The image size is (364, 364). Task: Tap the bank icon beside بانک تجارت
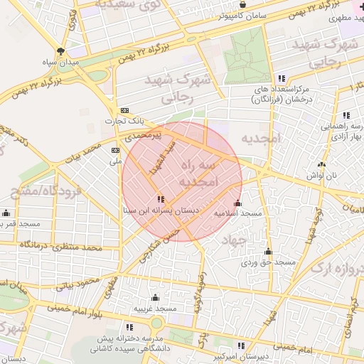[125, 110]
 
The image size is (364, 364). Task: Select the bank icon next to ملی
[116, 151]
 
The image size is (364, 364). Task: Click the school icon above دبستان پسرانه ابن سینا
[161, 199]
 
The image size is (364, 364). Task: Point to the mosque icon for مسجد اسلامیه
[237, 203]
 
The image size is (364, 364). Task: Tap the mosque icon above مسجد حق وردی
[268, 252]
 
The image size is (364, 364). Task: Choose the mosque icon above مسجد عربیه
[156, 297]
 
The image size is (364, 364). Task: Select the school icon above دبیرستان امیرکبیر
[241, 346]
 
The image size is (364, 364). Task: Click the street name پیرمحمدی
[145, 134]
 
